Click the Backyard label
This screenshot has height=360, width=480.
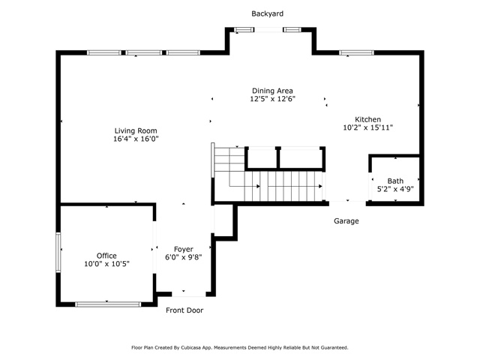click(267, 13)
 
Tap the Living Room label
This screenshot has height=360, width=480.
click(136, 130)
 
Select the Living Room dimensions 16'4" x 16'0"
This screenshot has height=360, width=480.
click(136, 139)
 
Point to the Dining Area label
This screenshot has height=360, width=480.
click(272, 91)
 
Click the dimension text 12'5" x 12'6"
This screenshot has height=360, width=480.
click(272, 99)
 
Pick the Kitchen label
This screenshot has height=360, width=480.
click(367, 119)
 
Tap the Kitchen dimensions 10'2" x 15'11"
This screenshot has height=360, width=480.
click(367, 127)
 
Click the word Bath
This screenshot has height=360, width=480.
click(395, 181)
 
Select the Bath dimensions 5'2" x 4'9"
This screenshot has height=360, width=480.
click(395, 189)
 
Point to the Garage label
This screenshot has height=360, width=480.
click(346, 221)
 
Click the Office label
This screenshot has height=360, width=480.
click(106, 256)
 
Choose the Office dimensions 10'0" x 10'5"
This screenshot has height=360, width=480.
click(106, 264)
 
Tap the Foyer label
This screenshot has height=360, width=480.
click(183, 249)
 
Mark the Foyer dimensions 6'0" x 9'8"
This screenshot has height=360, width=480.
click(183, 257)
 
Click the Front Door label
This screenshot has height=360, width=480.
click(184, 310)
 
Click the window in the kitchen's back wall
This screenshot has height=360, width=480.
click(357, 52)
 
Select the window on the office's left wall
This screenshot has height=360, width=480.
click(58, 252)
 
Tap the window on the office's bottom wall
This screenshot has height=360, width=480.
click(108, 304)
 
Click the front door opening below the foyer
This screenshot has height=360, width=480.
click(188, 294)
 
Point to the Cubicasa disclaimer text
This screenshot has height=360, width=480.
click(240, 348)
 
